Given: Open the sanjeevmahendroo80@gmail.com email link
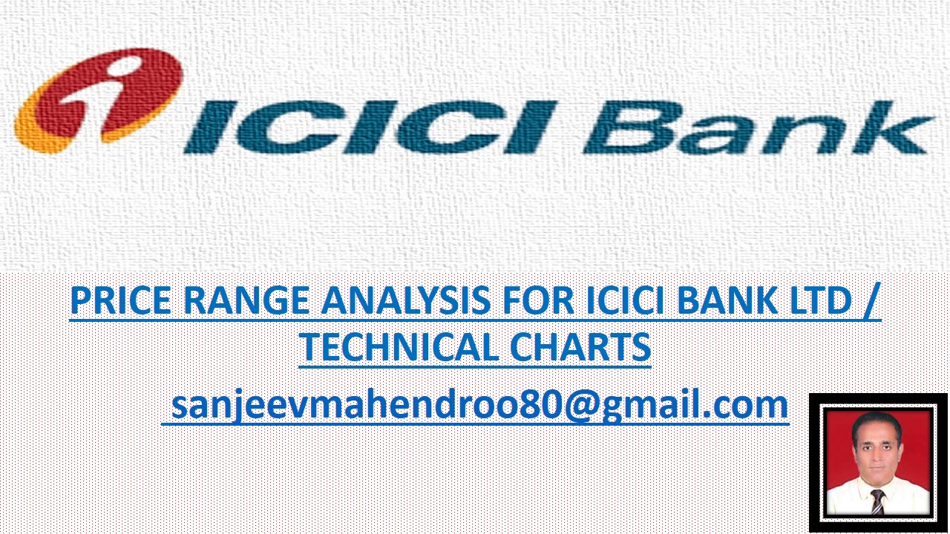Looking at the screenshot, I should [x=475, y=405].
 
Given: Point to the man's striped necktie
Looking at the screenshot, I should [x=877, y=501].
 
